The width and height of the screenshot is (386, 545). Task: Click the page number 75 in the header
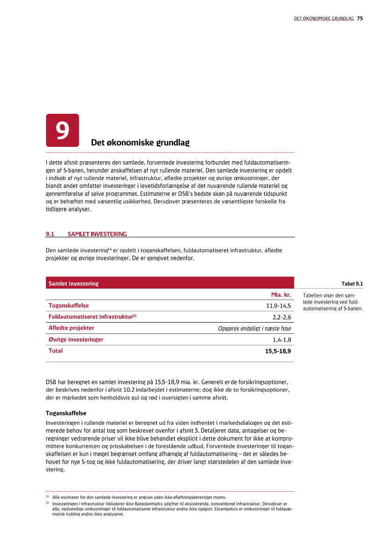(360, 19)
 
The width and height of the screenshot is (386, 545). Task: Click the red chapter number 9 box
(62, 131)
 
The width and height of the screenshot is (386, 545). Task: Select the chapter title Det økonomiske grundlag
(140, 143)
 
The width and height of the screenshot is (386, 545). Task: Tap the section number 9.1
(50, 234)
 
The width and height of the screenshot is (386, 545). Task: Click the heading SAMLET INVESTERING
(97, 234)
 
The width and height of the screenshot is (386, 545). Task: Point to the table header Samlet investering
(73, 283)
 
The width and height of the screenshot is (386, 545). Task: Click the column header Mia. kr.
(281, 295)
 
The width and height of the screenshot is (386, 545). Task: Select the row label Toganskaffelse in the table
(69, 306)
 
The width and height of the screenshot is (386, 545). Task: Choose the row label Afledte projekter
(71, 328)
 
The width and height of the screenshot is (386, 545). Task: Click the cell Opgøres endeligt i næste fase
(254, 328)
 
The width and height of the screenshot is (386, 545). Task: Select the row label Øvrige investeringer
(76, 339)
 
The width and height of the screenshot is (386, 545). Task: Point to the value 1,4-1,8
(281, 339)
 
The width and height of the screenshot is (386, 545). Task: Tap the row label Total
(56, 351)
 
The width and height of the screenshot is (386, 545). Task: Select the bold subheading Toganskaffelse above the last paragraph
(66, 413)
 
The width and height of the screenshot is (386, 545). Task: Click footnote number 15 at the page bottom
(48, 504)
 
